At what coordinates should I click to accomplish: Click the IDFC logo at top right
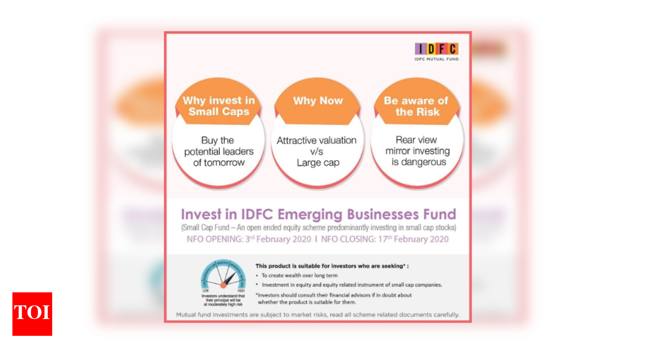click(437, 48)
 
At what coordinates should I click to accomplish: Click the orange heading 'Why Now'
click(317, 101)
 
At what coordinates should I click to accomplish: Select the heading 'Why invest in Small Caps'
click(219, 106)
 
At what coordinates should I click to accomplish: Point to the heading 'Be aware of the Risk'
click(417, 106)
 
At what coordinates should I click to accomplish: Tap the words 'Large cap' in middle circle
click(317, 163)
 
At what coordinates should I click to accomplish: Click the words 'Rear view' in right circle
click(417, 140)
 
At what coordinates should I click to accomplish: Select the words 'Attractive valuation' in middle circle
click(317, 140)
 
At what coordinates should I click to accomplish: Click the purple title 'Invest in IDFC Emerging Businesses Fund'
click(318, 214)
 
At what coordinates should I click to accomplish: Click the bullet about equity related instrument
click(352, 284)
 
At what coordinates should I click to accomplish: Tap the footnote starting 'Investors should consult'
click(334, 295)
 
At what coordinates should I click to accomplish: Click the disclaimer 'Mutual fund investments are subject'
click(317, 315)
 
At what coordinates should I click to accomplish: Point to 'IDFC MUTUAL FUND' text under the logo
click(437, 59)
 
